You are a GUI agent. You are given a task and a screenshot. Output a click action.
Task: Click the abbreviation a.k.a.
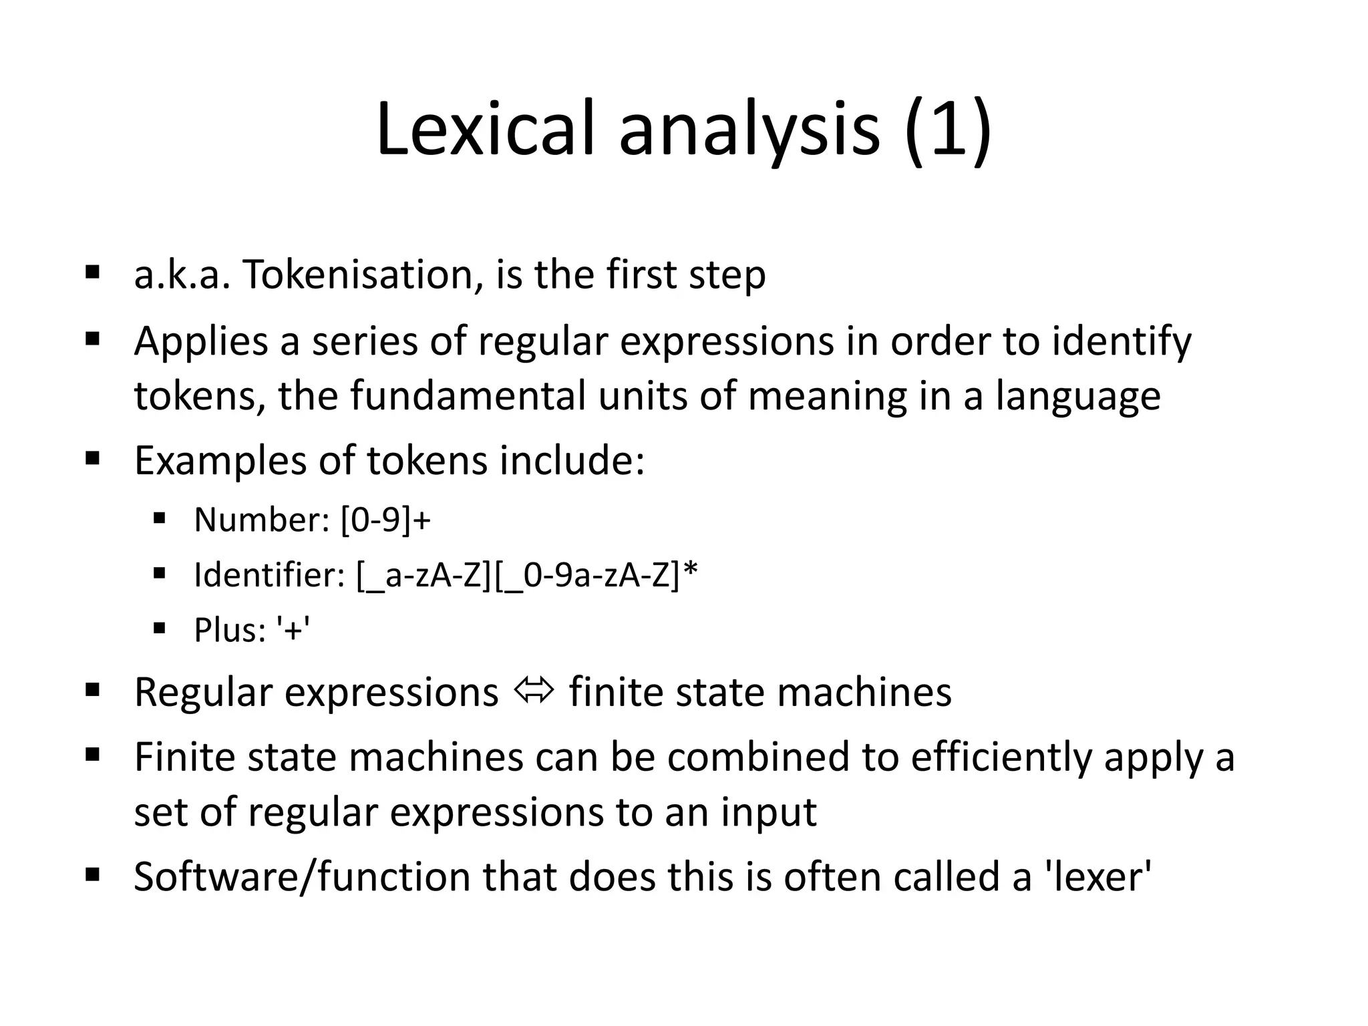pos(182,275)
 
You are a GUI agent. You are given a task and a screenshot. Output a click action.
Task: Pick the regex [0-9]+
pos(385,520)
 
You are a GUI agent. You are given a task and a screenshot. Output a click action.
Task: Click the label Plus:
pos(230,630)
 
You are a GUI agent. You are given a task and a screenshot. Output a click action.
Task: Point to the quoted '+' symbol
pos(293,630)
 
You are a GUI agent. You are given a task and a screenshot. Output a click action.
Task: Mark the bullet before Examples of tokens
pos(92,458)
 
